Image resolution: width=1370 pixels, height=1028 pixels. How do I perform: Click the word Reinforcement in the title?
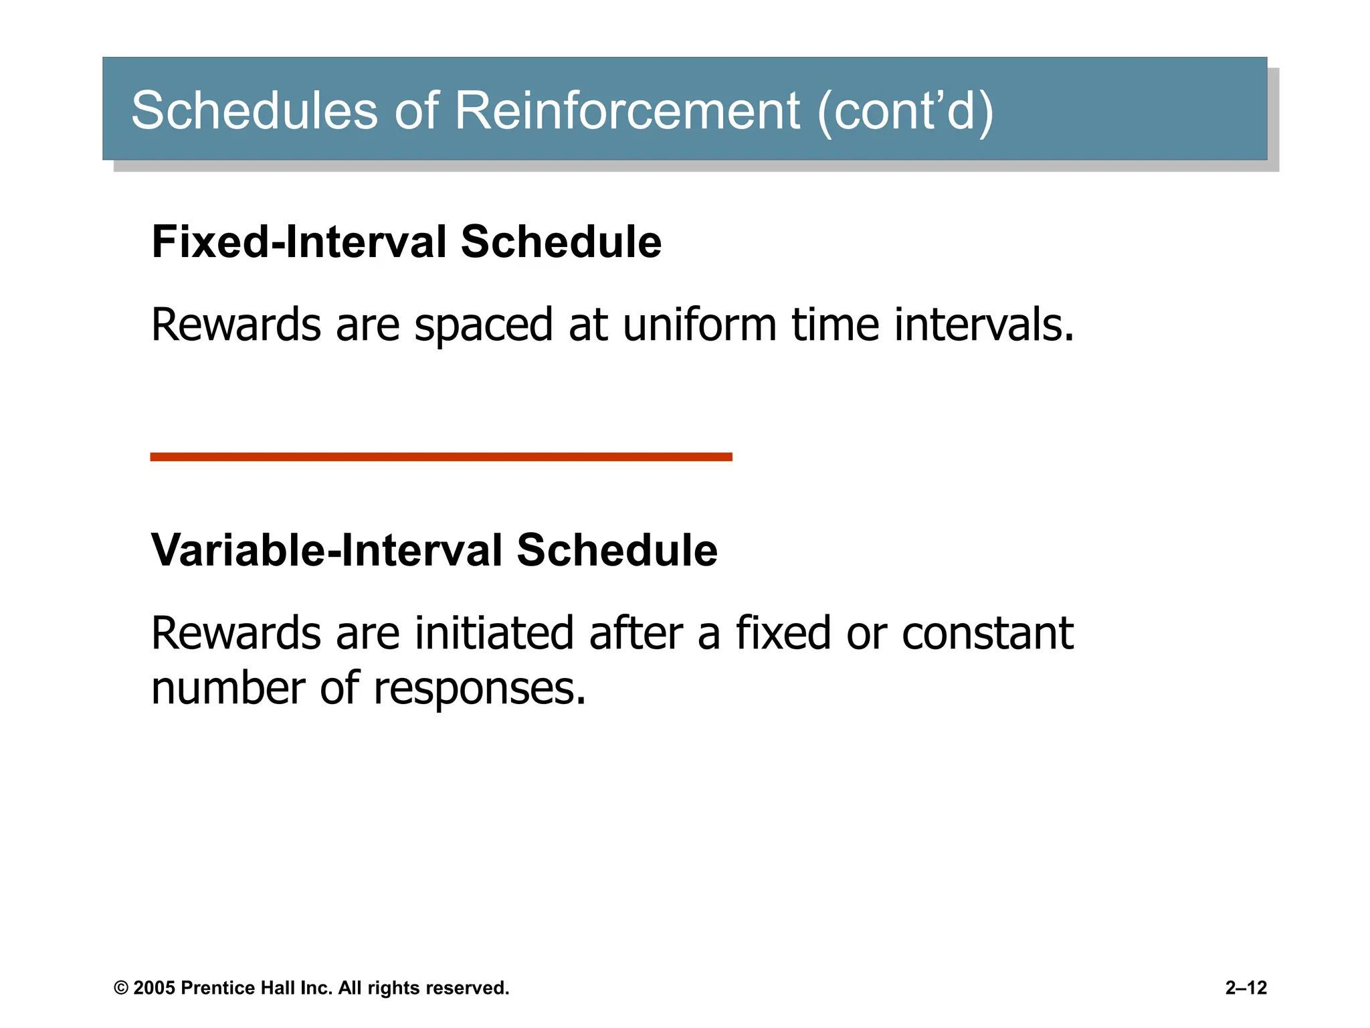[x=627, y=110]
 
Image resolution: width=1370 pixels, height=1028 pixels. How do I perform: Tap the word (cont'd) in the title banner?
[x=905, y=110]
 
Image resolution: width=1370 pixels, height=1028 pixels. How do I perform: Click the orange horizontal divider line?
[x=441, y=457]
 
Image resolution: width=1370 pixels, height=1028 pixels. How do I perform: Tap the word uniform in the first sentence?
[x=700, y=325]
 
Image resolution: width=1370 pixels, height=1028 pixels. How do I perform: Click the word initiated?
[x=494, y=633]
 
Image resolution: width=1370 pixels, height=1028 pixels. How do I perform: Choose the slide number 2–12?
[x=1246, y=988]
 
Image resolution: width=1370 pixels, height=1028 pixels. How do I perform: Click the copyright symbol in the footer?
[x=121, y=989]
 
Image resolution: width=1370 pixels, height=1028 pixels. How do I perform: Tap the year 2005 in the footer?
[x=154, y=989]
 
